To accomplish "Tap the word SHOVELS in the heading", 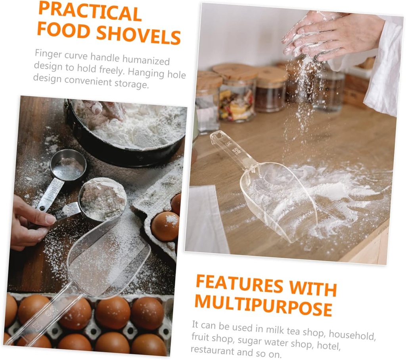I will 138,34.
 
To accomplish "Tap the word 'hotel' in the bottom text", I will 329,345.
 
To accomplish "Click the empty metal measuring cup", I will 68,165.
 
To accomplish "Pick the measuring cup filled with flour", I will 102,199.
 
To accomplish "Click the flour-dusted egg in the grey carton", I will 165,226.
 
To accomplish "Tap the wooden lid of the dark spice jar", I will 272,75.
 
